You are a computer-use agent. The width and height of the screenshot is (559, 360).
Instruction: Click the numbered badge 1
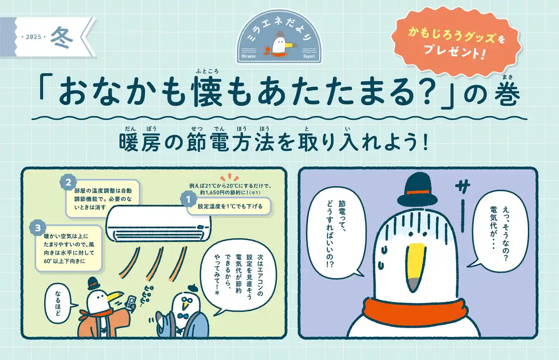click(188, 200)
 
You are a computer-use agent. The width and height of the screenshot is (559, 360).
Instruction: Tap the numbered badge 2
click(68, 183)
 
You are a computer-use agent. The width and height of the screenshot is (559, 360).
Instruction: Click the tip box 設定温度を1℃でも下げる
click(230, 206)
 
